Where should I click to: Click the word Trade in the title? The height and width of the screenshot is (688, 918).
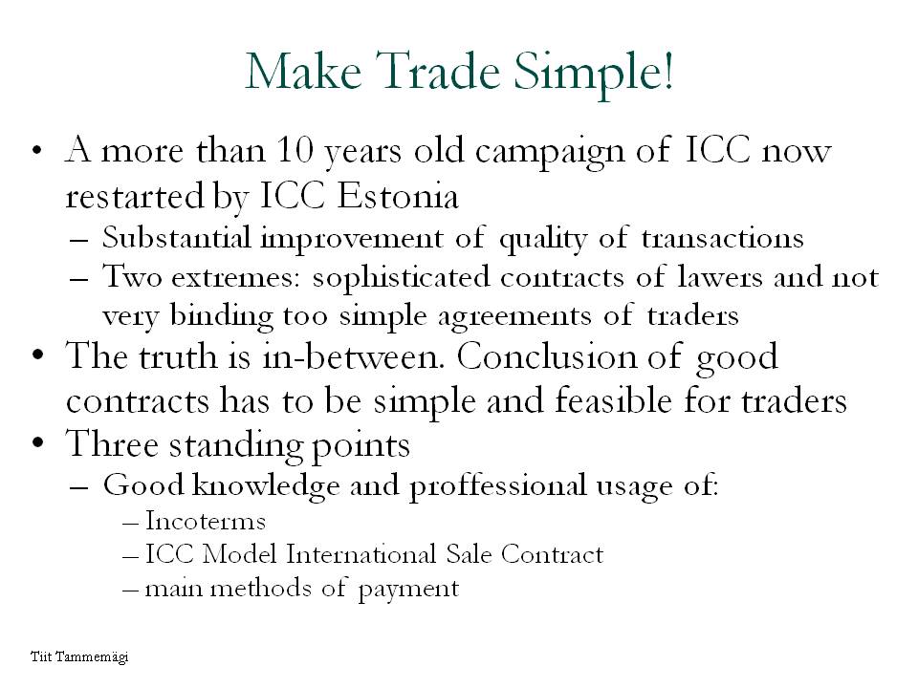439,72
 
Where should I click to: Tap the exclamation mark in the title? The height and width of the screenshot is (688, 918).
667,70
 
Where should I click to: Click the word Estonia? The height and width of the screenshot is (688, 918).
398,195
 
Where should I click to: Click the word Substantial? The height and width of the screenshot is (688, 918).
176,237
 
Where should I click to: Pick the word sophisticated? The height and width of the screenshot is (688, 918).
401,277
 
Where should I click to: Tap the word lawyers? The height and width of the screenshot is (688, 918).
720,276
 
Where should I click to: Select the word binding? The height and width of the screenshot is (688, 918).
221,316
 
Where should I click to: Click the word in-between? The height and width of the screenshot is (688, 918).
353,355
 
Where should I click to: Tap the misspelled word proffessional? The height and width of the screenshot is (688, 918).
497,486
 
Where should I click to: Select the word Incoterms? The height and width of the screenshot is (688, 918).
205,520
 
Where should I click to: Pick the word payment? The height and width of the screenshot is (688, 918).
408,590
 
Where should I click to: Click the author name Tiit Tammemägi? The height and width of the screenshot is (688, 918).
79,656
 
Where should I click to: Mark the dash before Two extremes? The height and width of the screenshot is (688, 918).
78,278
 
